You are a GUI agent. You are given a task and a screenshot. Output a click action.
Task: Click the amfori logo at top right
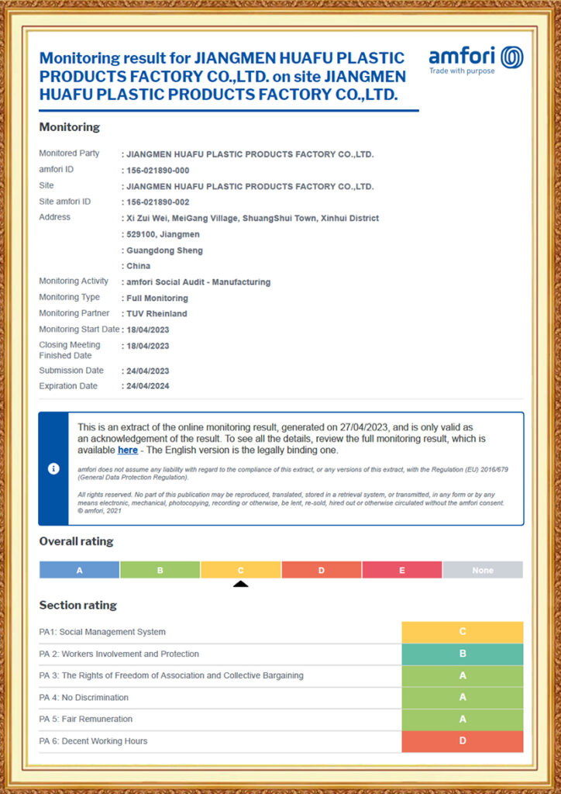pyautogui.click(x=476, y=59)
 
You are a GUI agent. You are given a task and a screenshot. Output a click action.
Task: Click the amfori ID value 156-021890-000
pyautogui.click(x=158, y=170)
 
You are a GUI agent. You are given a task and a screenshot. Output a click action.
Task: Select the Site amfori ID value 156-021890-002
pyautogui.click(x=158, y=202)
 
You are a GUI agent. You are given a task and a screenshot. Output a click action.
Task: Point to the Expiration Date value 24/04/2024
pyautogui.click(x=147, y=386)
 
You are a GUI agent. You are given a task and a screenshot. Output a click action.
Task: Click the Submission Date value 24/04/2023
pyautogui.click(x=147, y=371)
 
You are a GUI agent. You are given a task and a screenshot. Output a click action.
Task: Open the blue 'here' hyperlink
pyautogui.click(x=128, y=450)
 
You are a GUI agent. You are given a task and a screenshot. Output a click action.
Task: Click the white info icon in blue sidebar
pyautogui.click(x=53, y=469)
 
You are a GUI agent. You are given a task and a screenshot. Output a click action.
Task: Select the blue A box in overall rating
pyautogui.click(x=79, y=570)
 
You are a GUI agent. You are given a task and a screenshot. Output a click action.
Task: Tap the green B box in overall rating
pyautogui.click(x=160, y=570)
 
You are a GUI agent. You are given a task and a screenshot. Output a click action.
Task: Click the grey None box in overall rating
pyautogui.click(x=482, y=570)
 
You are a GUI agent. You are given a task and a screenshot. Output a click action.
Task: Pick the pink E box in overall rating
pyautogui.click(x=401, y=570)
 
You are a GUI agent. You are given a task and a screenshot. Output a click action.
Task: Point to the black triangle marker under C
pyautogui.click(x=240, y=584)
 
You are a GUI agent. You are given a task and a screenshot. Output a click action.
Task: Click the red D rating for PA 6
pyautogui.click(x=462, y=741)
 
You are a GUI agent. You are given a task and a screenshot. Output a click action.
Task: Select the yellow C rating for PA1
pyautogui.click(x=462, y=632)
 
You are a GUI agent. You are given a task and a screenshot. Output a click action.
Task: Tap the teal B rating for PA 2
pyautogui.click(x=462, y=654)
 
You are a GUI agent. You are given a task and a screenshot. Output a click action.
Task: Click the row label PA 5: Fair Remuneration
pyautogui.click(x=86, y=719)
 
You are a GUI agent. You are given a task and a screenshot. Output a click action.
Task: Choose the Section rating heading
pyautogui.click(x=77, y=605)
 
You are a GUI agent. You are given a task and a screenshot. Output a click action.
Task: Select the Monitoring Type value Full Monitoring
pyautogui.click(x=157, y=298)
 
